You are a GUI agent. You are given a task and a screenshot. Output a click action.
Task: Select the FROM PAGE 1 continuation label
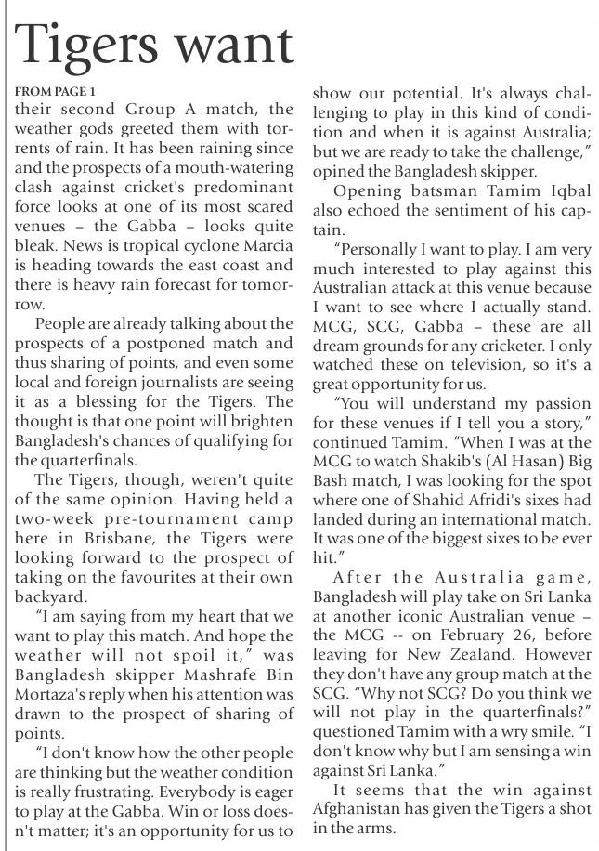pyautogui.click(x=56, y=93)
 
